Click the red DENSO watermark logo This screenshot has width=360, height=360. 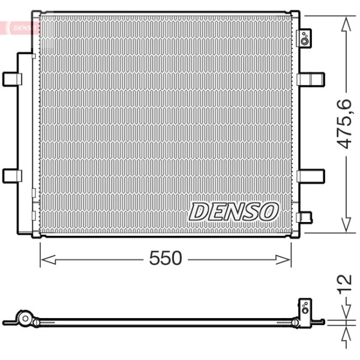click(23, 28)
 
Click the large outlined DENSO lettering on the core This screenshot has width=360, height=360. click(235, 211)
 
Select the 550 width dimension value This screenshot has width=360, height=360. click(165, 259)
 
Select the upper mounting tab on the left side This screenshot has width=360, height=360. click(13, 79)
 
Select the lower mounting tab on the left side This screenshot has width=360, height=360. click(13, 175)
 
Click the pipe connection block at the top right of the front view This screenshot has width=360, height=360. click(305, 38)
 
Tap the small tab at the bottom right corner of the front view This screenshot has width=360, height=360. click(305, 217)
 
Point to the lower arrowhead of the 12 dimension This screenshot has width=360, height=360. click(346, 331)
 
